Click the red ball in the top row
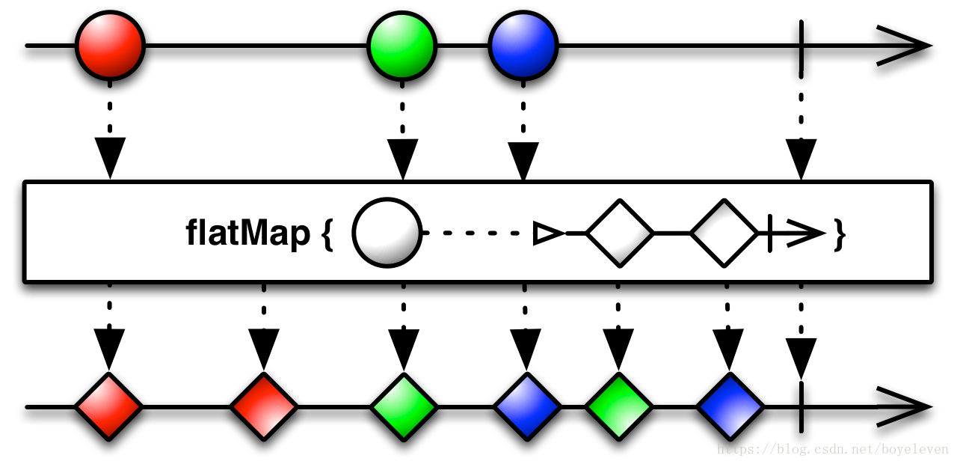tap(110, 46)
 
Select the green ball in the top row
tap(402, 46)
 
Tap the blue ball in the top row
tap(523, 46)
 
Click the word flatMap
tap(247, 233)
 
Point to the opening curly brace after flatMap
tap(326, 235)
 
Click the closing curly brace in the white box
tap(840, 235)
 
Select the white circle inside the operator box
tap(387, 233)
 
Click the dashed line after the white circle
tap(478, 233)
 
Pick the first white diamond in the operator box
tap(620, 233)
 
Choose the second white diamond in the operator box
tap(724, 233)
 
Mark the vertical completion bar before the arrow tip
tap(769, 233)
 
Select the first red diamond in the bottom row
tap(108, 406)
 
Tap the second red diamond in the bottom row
tap(264, 406)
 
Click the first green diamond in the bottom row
tap(404, 406)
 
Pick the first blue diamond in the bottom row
tap(527, 406)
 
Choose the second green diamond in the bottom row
tap(619, 406)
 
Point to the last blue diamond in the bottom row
tap(730, 406)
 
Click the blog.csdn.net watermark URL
tap(832, 450)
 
